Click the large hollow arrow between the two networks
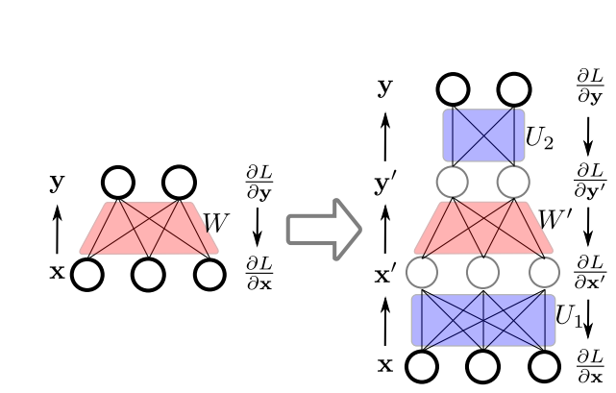click(x=323, y=228)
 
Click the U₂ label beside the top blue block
click(x=538, y=138)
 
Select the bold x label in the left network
click(x=57, y=273)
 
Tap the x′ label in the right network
click(x=386, y=275)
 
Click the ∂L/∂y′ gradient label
click(x=588, y=180)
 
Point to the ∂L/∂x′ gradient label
click(x=588, y=271)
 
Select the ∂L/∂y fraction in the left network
click(x=259, y=180)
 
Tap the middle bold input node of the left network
click(x=148, y=275)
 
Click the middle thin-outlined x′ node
click(x=483, y=273)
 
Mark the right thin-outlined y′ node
click(x=514, y=181)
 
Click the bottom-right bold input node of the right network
click(x=544, y=366)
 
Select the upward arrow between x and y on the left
click(x=57, y=228)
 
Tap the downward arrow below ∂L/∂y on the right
click(x=588, y=135)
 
